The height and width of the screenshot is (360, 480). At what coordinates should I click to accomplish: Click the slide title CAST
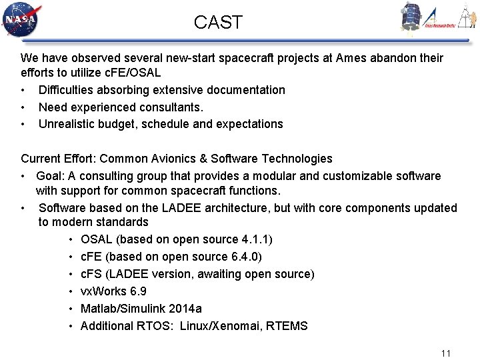(x=218, y=22)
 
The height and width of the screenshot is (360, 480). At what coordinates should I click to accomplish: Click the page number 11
(x=446, y=353)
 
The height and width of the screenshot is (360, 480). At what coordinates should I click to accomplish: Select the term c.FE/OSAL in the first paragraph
(x=132, y=73)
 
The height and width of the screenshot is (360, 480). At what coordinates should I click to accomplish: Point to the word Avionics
(x=163, y=159)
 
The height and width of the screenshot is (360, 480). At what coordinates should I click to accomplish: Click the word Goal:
(x=52, y=176)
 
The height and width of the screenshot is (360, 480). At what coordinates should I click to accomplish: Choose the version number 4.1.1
(x=244, y=239)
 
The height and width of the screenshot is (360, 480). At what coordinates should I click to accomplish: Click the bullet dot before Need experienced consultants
(x=23, y=107)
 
